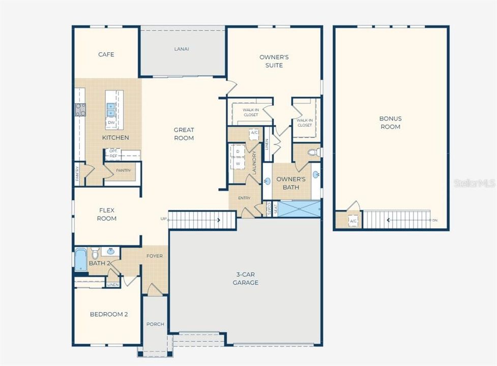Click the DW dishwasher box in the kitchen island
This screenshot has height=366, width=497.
point(111,123)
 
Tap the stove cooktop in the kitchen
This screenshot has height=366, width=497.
point(80,109)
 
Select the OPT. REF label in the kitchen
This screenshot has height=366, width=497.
point(113,154)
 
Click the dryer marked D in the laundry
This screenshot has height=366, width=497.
point(237,151)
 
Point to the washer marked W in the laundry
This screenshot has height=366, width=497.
point(237,164)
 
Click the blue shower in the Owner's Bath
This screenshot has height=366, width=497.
point(300,209)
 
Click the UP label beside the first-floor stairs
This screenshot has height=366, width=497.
point(163,219)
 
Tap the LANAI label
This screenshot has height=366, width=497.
point(182,49)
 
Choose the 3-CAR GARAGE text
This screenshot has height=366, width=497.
point(245,279)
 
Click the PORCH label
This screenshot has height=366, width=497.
point(155,324)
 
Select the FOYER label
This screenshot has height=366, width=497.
point(155,256)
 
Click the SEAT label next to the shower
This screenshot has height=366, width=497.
point(275,209)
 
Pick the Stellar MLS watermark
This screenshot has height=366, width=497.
point(474,183)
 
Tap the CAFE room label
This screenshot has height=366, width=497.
point(106,54)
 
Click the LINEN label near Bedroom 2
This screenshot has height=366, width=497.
point(113,285)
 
